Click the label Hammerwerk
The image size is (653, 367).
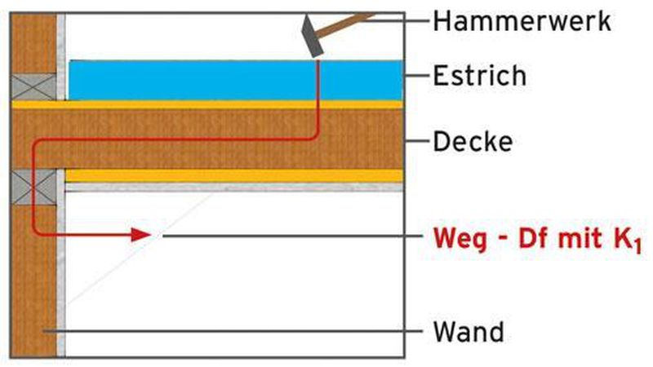[x=522, y=20]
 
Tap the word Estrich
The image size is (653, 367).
[x=480, y=77]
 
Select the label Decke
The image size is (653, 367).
[x=473, y=141]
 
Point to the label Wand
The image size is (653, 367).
[x=469, y=332]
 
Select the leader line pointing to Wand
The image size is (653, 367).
[x=245, y=332]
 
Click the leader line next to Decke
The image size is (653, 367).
[x=417, y=141]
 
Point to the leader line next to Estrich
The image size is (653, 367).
[x=417, y=77]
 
